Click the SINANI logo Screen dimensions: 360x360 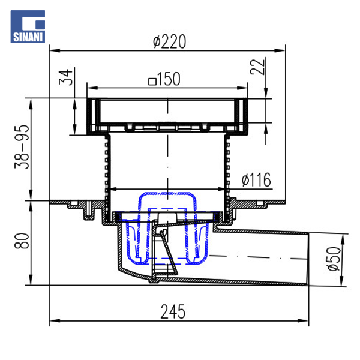[x=28, y=26]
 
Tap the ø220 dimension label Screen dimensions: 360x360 [x=169, y=41]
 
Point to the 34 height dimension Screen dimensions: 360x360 [x=65, y=77]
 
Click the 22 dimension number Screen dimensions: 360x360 [x=257, y=67]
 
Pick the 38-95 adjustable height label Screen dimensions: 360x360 [x=22, y=147]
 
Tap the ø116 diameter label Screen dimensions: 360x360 [x=256, y=180]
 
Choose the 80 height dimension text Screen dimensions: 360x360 [x=22, y=241]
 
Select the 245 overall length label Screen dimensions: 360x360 [x=173, y=312]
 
